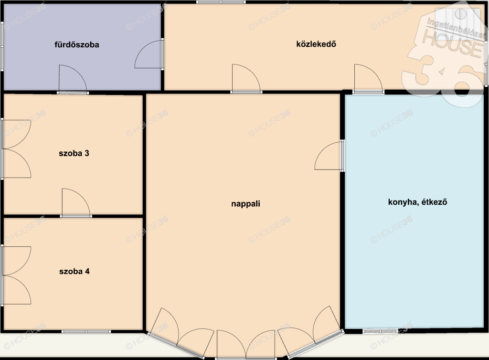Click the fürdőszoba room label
pos(77,44)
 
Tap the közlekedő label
pos(316,44)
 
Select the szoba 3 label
pos(74,153)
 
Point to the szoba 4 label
pos(74,271)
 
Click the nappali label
pos(246,204)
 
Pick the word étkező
pos(435,202)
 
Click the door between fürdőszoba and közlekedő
pos(149,54)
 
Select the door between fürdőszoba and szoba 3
pos(73,79)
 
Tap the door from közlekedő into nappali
pos(246,79)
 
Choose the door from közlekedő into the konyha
pos(368,79)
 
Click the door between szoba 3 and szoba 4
pos(76,202)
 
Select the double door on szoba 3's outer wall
pos(16,148)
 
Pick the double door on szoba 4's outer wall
pos(16,275)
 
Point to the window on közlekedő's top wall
pos(221,2)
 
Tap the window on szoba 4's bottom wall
pos(86,332)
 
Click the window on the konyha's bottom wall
pos(381,331)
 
